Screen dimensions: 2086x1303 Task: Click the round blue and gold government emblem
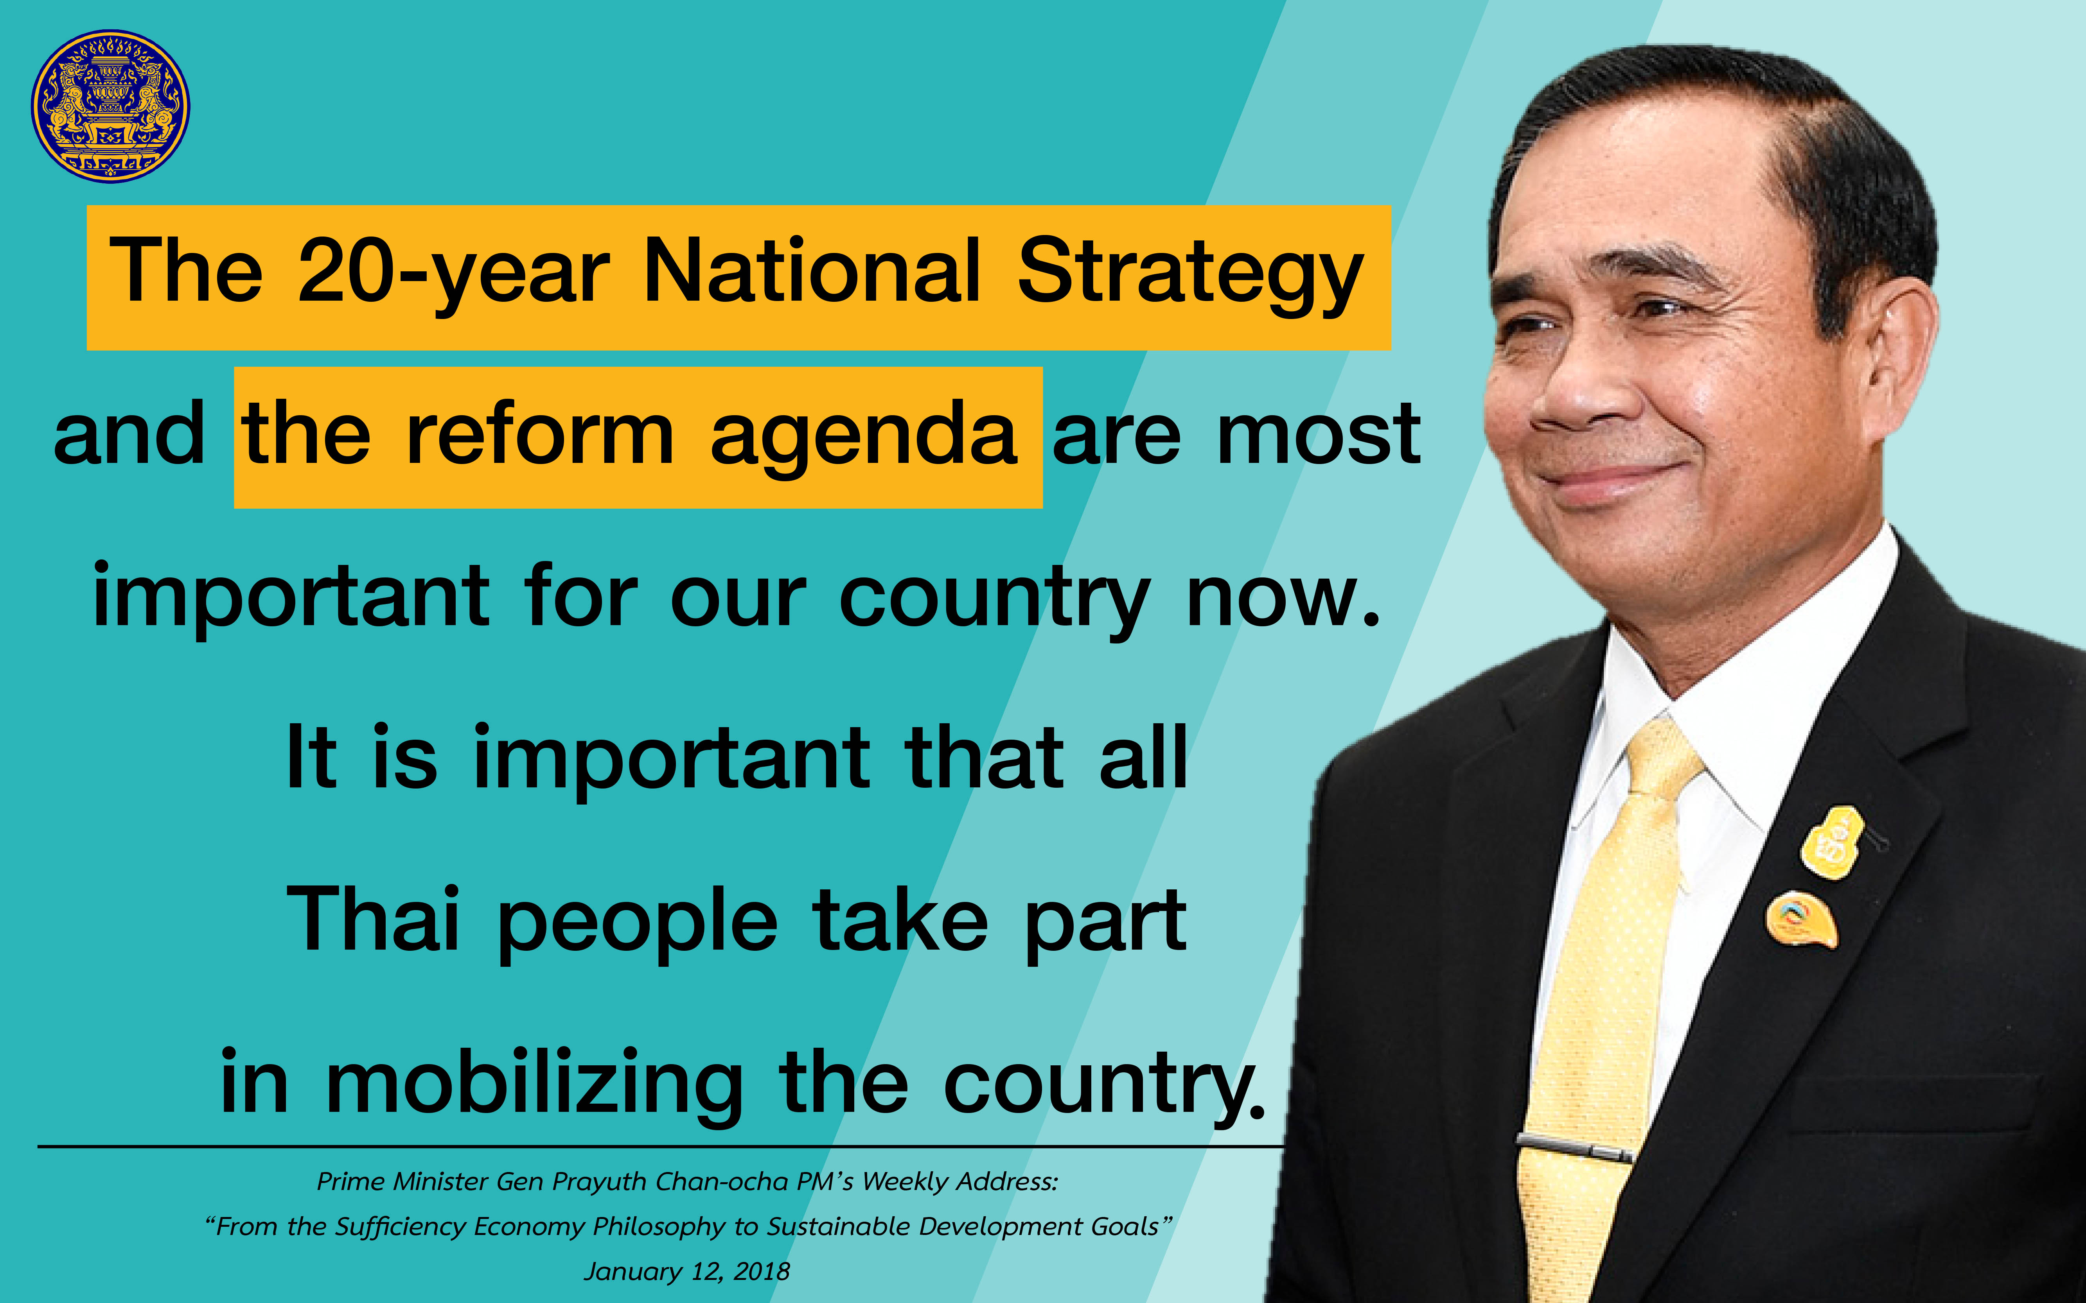click(110, 106)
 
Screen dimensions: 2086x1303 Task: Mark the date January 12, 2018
click(687, 1271)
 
